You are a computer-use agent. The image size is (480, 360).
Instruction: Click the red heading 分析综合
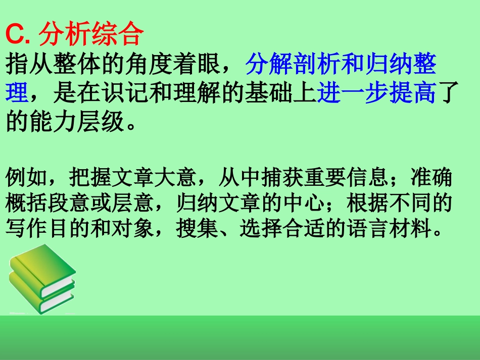[x=91, y=35]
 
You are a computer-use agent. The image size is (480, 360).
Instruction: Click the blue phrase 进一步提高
[x=376, y=94]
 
